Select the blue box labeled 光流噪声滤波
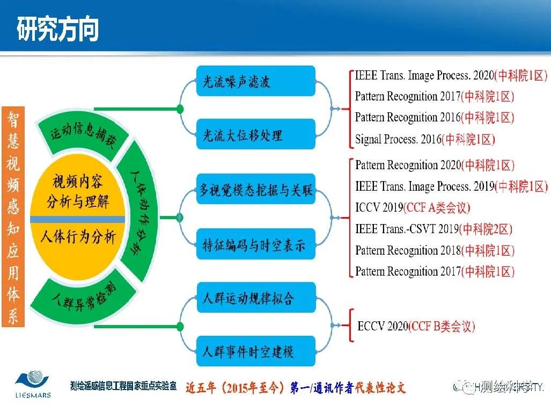(x=256, y=82)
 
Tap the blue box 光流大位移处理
(x=256, y=134)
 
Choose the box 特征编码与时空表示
(x=256, y=245)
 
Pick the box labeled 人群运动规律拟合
(x=256, y=298)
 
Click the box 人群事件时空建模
(x=256, y=352)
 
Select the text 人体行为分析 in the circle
(x=78, y=236)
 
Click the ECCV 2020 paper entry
(x=416, y=326)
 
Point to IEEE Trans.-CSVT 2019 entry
(x=434, y=229)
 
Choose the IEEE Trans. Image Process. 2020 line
(x=451, y=75)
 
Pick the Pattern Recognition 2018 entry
(x=435, y=250)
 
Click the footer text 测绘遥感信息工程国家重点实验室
(x=123, y=386)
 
